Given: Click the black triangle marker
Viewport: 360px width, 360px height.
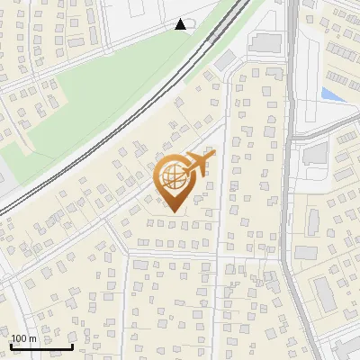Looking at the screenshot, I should pos(181,24).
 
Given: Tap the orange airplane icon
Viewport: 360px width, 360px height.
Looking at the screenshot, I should pos(201,164).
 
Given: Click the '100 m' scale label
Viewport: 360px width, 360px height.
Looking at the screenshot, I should pos(24,338).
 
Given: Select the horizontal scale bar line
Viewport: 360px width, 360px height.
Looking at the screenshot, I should pos(41,346).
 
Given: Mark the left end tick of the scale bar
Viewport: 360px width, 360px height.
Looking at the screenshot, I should pos(11,345).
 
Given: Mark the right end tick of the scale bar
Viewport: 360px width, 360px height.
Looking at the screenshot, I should pos(72,345).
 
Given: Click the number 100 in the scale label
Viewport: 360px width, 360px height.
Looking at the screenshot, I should pos(19,338).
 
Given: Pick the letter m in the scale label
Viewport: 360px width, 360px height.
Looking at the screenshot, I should pos(32,338).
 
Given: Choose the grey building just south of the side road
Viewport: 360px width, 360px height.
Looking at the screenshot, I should pos(315,154).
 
